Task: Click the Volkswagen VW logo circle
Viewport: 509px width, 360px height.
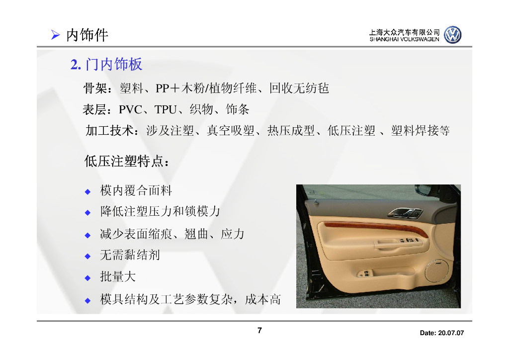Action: click(x=452, y=35)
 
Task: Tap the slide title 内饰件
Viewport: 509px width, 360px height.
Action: click(x=87, y=35)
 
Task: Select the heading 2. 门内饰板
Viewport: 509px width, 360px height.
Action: click(x=106, y=64)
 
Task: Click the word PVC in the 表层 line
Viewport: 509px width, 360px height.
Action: click(x=130, y=110)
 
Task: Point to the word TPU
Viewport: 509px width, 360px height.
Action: click(x=165, y=110)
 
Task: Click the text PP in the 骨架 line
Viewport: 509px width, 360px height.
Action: click(x=163, y=89)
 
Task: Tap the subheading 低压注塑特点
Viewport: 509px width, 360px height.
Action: click(x=127, y=162)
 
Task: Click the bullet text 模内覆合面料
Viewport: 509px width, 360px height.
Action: click(x=136, y=190)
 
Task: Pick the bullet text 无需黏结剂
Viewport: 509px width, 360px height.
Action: click(x=130, y=256)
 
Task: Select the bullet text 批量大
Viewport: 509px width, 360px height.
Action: click(x=118, y=277)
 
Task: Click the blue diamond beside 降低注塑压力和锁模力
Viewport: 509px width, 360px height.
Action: click(x=87, y=212)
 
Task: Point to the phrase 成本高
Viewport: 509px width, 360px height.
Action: click(x=263, y=299)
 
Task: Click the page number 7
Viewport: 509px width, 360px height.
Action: click(x=259, y=331)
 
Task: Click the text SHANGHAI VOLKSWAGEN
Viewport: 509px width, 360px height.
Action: click(x=404, y=39)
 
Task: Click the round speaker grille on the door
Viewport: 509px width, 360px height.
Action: click(x=437, y=270)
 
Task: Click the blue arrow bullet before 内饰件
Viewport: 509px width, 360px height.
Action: click(x=56, y=35)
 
